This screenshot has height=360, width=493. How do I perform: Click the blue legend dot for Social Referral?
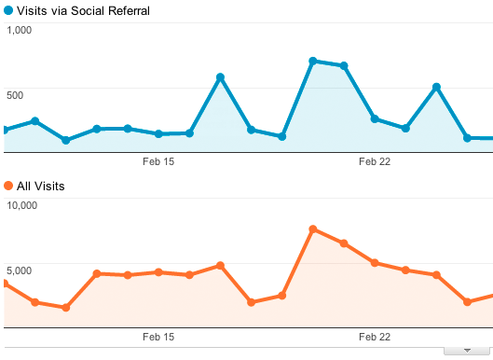8,10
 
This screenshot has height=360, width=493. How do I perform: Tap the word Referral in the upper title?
129,10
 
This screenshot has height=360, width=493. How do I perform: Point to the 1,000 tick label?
20,30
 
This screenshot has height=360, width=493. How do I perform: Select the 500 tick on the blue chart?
15,95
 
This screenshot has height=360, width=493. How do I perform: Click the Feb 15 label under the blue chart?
158,161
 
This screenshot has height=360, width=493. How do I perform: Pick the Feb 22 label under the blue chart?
375,161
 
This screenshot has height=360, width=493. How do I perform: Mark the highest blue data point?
313,61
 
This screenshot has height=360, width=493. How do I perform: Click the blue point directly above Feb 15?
158,133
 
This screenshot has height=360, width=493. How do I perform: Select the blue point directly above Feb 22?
375,119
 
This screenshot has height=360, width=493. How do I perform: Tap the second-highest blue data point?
344,66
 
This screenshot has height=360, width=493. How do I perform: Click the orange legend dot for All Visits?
8,186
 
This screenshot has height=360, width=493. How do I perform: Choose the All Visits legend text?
41,186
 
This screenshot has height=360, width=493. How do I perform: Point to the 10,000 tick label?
22,205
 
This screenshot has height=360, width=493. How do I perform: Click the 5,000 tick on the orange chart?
20,270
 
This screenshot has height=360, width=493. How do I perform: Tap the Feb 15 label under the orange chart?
158,337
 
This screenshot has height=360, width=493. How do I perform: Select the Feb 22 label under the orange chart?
375,337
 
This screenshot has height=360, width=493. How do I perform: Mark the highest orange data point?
313,229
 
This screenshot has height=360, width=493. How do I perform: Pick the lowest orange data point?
66,308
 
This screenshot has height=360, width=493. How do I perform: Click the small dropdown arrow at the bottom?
467,351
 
